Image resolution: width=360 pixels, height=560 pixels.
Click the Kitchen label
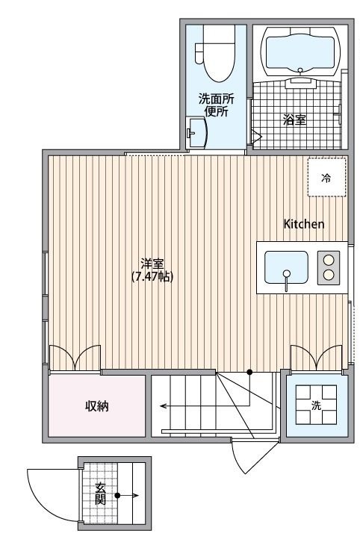(303, 224)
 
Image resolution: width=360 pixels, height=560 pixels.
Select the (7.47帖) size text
(152, 276)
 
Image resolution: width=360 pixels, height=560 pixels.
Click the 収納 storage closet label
(96, 407)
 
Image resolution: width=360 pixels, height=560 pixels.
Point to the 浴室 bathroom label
(294, 119)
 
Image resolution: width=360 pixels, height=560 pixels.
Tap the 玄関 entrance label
(100, 494)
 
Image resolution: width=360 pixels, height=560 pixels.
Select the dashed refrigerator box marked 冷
(326, 178)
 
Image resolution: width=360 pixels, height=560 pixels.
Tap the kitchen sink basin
(286, 267)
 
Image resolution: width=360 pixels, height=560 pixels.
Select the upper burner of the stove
(328, 259)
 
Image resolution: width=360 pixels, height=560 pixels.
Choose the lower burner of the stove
(328, 276)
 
